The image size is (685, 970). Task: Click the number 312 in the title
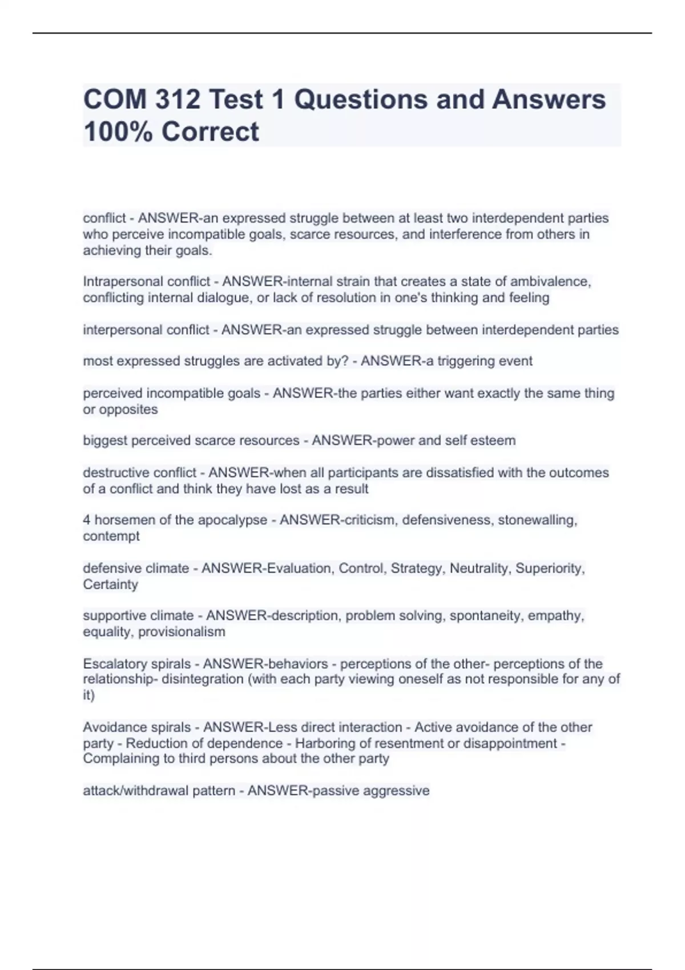click(x=176, y=100)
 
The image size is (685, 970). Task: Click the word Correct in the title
click(x=210, y=132)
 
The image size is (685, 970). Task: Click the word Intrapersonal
click(x=118, y=282)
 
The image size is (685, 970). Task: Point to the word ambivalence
click(x=550, y=282)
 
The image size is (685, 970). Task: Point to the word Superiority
click(x=550, y=568)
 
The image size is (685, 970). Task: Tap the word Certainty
click(x=110, y=584)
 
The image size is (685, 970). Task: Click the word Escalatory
click(x=117, y=664)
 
